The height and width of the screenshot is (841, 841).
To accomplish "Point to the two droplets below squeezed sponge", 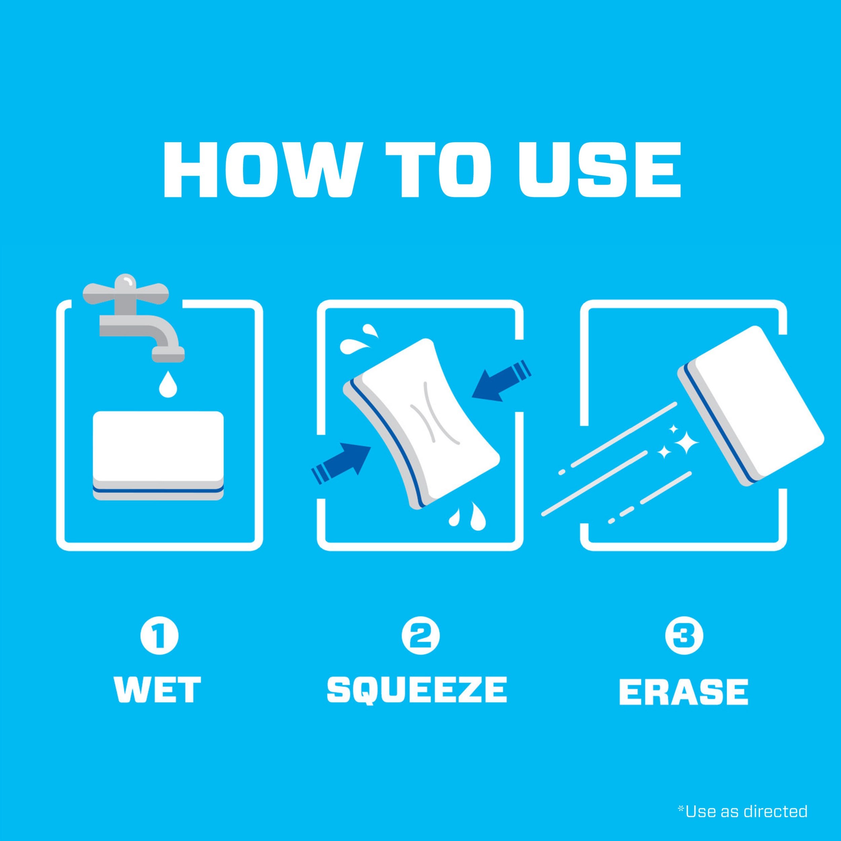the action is pyautogui.click(x=466, y=516).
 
